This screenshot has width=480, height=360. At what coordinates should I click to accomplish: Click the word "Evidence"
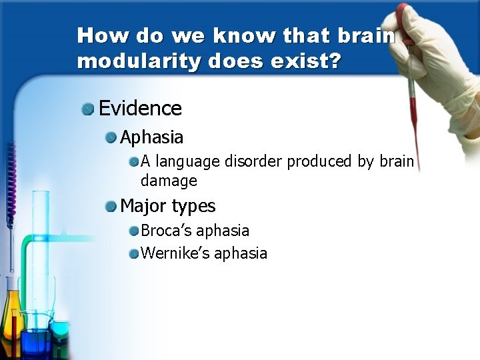[x=140, y=108]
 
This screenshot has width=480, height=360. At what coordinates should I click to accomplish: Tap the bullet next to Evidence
[x=88, y=109]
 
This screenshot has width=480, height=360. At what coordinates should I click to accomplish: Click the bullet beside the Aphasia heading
[x=111, y=138]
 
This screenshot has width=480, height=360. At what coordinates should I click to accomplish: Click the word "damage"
[x=169, y=181]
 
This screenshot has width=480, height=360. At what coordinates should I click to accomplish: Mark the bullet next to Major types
[x=111, y=207]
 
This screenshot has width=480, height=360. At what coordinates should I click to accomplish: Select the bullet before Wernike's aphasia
[x=134, y=254]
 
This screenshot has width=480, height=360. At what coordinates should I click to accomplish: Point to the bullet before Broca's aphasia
[x=134, y=231]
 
